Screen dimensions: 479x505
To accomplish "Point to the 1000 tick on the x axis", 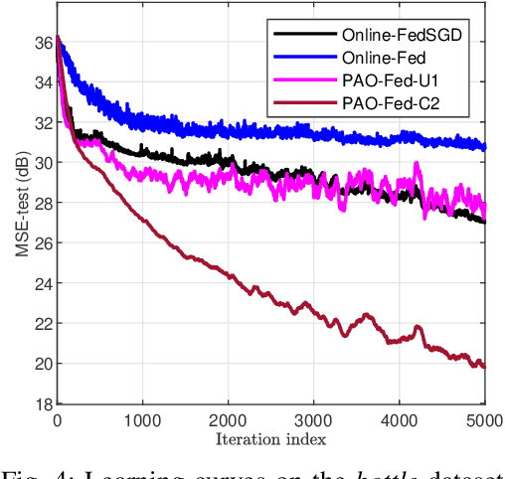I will (142, 419).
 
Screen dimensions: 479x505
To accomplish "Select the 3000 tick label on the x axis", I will (313, 419).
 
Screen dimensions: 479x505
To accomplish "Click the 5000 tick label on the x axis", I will (484, 419).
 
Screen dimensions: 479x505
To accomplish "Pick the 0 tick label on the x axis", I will (57, 419).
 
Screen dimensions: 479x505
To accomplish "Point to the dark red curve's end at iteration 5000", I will (484, 367).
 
